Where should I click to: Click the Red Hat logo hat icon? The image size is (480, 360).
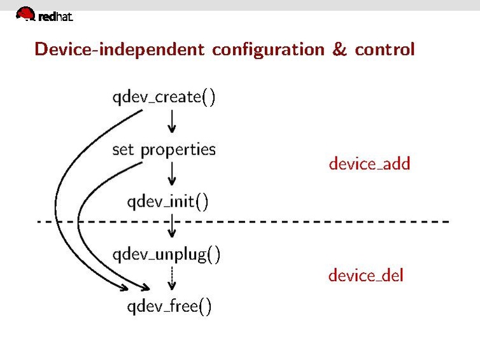click(x=25, y=13)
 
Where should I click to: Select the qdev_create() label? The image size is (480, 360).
click(x=164, y=97)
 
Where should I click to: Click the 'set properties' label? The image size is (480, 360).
click(x=164, y=150)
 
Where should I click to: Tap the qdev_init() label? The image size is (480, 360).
click(x=167, y=202)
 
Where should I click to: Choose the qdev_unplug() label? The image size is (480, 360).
click(x=166, y=254)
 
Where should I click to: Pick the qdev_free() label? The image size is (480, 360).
click(x=169, y=307)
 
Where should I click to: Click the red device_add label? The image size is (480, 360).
click(x=369, y=163)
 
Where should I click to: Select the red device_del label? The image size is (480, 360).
click(x=365, y=275)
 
